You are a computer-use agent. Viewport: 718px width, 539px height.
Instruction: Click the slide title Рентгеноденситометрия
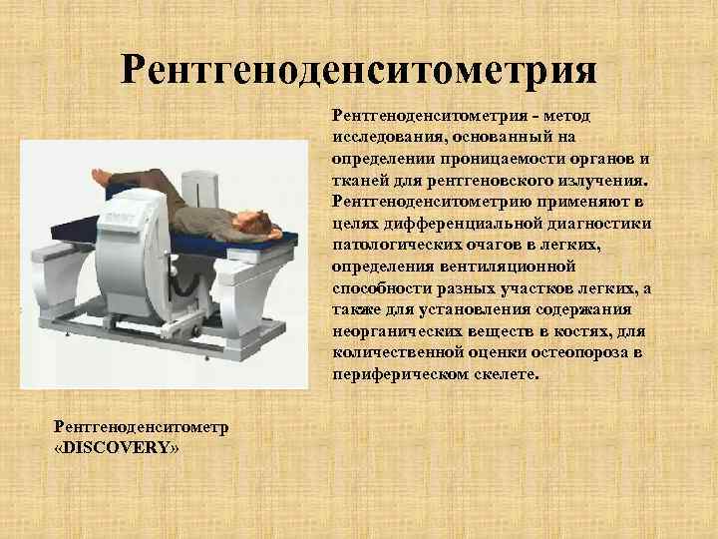coord(359,69)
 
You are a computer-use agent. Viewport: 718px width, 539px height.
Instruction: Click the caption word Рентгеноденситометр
coord(142,427)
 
